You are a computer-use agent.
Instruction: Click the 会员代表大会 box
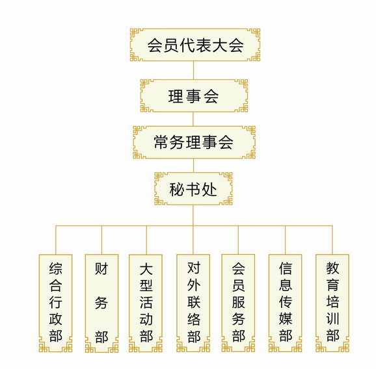(x=195, y=45)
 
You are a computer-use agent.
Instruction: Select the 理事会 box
(x=194, y=95)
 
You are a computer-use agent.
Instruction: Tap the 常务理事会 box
(x=195, y=142)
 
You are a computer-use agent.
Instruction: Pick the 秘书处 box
(x=193, y=188)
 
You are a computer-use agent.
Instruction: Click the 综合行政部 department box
(x=56, y=303)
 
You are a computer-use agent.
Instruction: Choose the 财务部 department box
(x=101, y=303)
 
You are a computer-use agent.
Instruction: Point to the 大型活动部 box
(x=146, y=303)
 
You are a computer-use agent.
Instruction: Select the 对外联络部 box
(x=193, y=303)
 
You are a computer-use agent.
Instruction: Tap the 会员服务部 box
(x=238, y=303)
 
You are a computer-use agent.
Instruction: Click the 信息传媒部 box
(x=285, y=303)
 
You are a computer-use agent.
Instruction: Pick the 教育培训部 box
(x=332, y=303)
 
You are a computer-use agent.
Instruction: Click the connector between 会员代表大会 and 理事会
(x=193, y=70)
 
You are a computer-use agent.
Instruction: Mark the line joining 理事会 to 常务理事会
(x=193, y=120)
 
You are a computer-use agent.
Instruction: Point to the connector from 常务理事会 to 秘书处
(x=193, y=166)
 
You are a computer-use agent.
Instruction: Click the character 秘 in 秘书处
(x=177, y=190)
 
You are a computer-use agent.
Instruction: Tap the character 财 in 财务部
(x=101, y=268)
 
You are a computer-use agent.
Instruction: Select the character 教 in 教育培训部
(x=332, y=268)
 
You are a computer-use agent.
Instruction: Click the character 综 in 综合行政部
(x=56, y=268)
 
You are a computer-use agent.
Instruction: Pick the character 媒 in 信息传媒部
(x=286, y=318)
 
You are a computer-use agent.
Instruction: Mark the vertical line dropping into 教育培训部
(x=332, y=240)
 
